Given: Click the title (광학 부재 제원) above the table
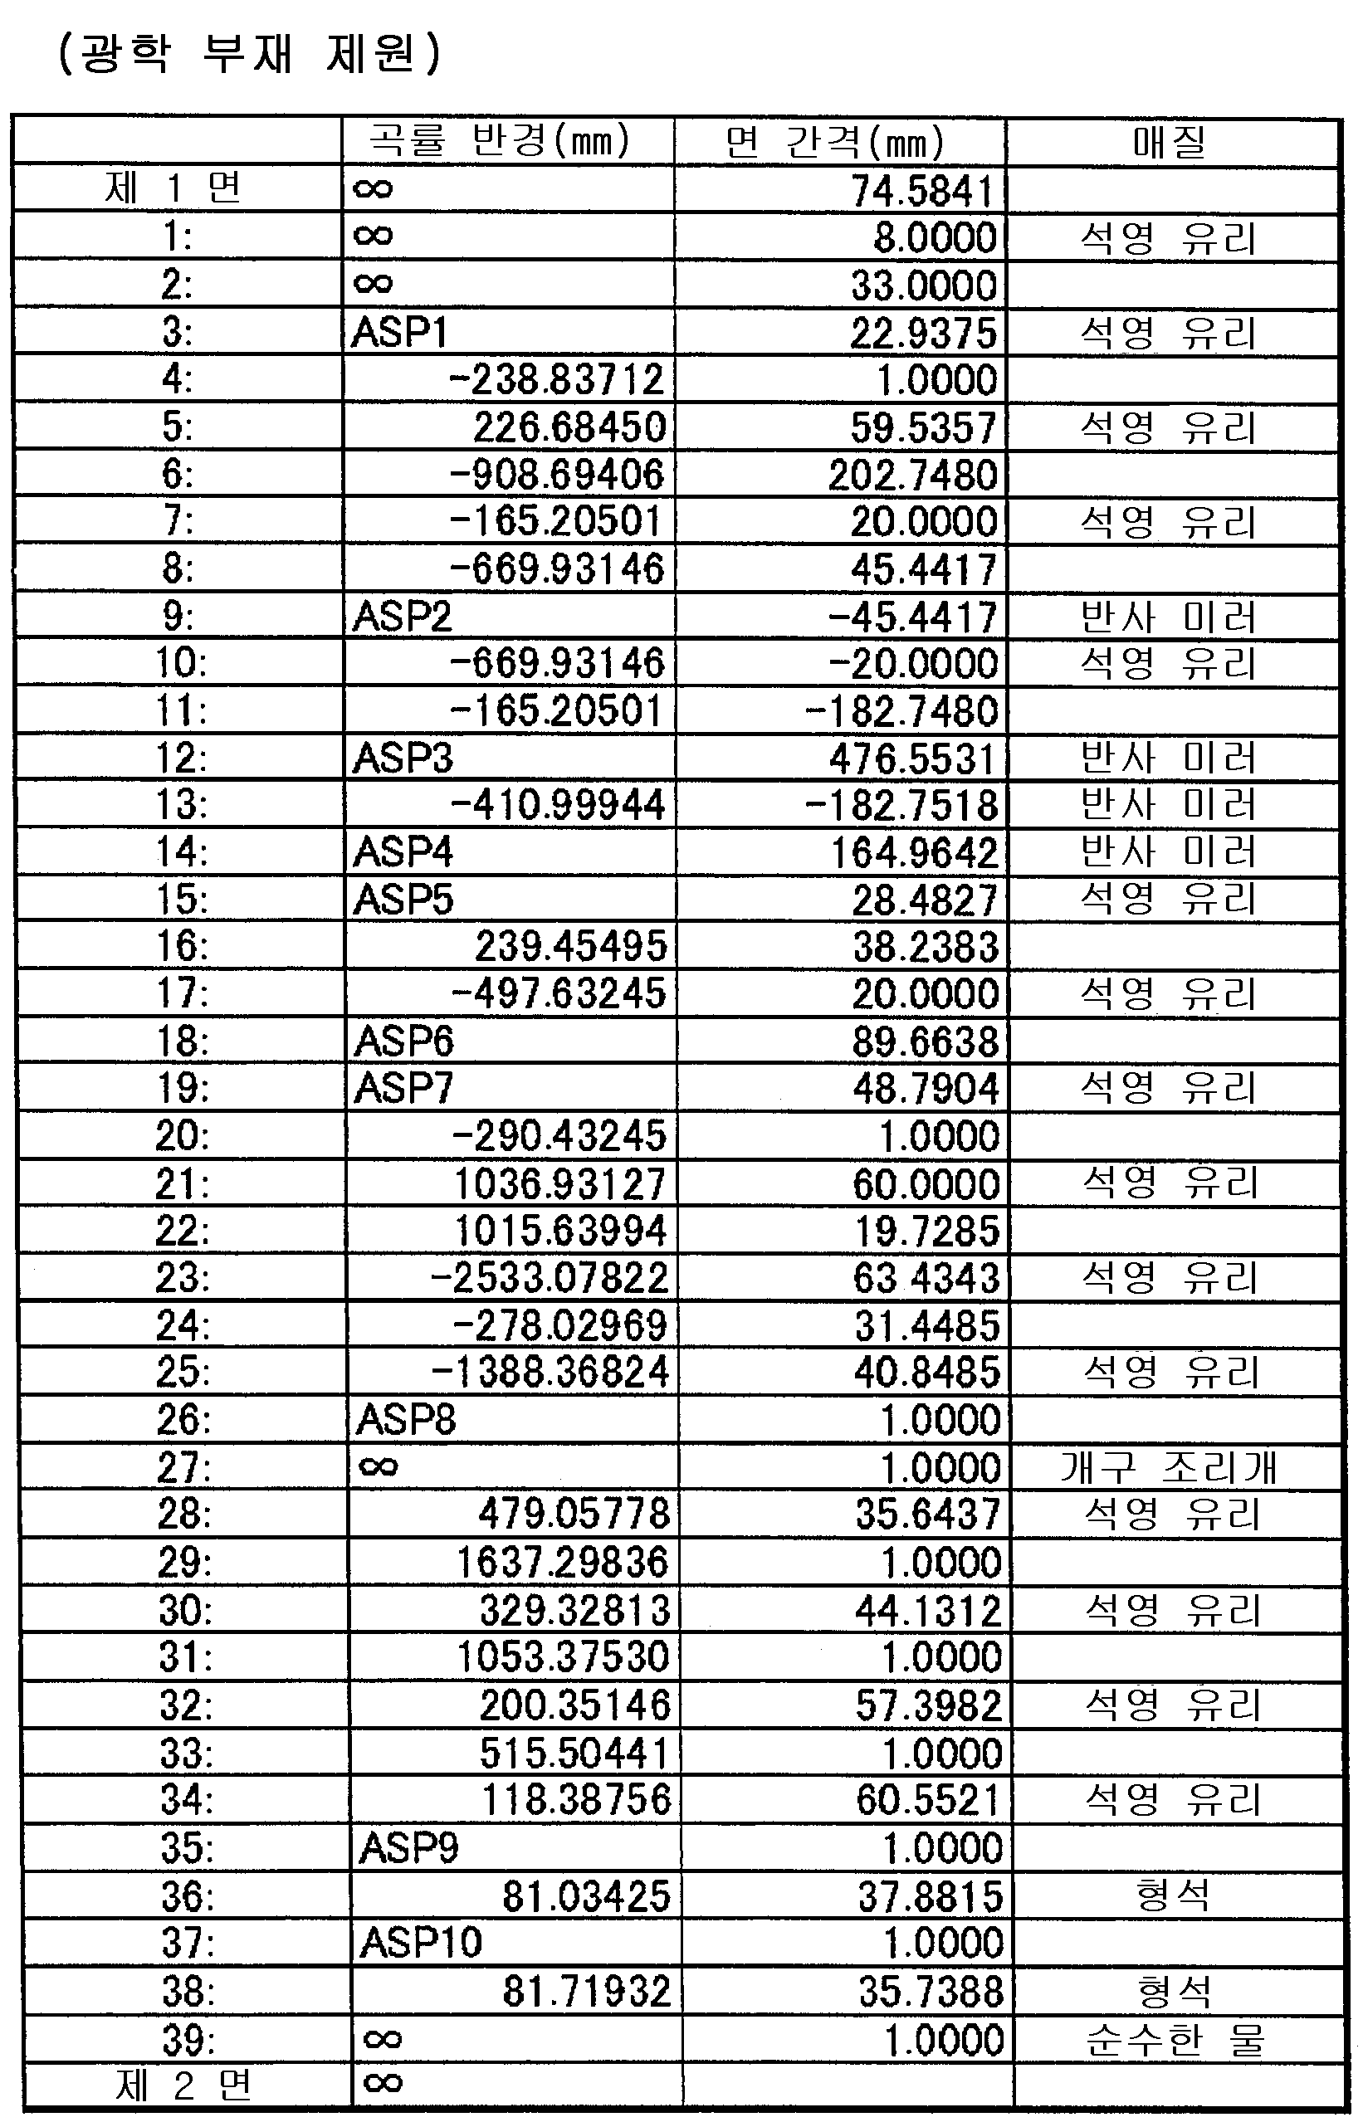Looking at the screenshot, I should pyautogui.click(x=249, y=54).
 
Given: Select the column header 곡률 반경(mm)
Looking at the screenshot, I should pyautogui.click(x=499, y=141).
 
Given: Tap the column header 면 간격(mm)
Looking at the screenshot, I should pyautogui.click(x=833, y=142).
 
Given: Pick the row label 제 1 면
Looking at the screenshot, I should pyautogui.click(x=173, y=188).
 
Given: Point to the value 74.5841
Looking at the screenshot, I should pyautogui.click(x=923, y=190).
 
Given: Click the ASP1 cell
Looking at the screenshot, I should pyautogui.click(x=400, y=333).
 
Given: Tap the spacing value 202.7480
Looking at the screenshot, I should pyautogui.click(x=912, y=476).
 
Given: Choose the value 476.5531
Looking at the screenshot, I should pyautogui.click(x=912, y=759).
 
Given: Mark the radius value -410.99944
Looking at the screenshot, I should pyautogui.click(x=558, y=805).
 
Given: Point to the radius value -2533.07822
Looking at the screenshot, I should pyautogui.click(x=549, y=1278).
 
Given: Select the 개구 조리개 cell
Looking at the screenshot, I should pyautogui.click(x=1168, y=1467).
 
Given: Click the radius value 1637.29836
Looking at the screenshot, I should pyautogui.click(x=563, y=1562).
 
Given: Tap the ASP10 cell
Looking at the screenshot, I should pyautogui.click(x=420, y=1944).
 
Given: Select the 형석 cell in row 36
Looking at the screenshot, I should pyautogui.click(x=1173, y=1895).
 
